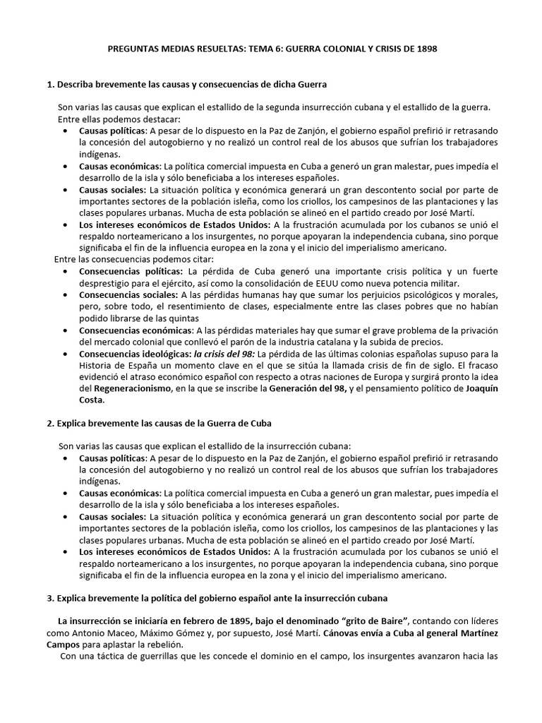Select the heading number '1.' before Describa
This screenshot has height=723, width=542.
pos(50,85)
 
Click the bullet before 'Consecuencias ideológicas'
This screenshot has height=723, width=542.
pos(66,354)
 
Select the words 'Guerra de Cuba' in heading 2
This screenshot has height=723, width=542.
pos(237,423)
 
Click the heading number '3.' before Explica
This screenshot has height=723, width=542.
pos(50,598)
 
